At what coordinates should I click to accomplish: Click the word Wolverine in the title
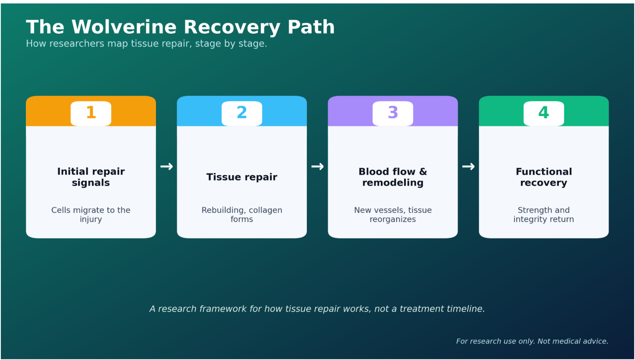[124, 27]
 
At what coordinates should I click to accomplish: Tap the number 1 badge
[91, 113]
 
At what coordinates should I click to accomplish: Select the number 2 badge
[242, 113]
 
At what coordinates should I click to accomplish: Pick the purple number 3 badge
[393, 113]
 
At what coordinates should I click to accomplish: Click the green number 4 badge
[544, 113]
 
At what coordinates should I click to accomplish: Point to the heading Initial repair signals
[91, 177]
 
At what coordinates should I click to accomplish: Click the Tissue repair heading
[242, 177]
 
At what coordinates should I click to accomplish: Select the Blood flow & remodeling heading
[393, 177]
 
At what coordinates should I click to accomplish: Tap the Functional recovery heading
[544, 177]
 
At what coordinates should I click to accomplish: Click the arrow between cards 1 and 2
[167, 166]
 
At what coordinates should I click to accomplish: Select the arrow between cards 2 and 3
[317, 166]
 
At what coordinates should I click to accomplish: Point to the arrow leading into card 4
[468, 166]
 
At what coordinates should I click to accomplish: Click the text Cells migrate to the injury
[91, 215]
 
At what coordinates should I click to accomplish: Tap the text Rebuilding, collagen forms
[242, 215]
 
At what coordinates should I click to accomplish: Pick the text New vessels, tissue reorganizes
[393, 215]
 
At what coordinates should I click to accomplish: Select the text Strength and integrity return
[544, 215]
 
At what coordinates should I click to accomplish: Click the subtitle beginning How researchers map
[146, 44]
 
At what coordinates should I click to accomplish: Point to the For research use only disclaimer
[532, 341]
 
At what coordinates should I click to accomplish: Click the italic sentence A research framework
[317, 309]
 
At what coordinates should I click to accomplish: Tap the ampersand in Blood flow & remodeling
[423, 172]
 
